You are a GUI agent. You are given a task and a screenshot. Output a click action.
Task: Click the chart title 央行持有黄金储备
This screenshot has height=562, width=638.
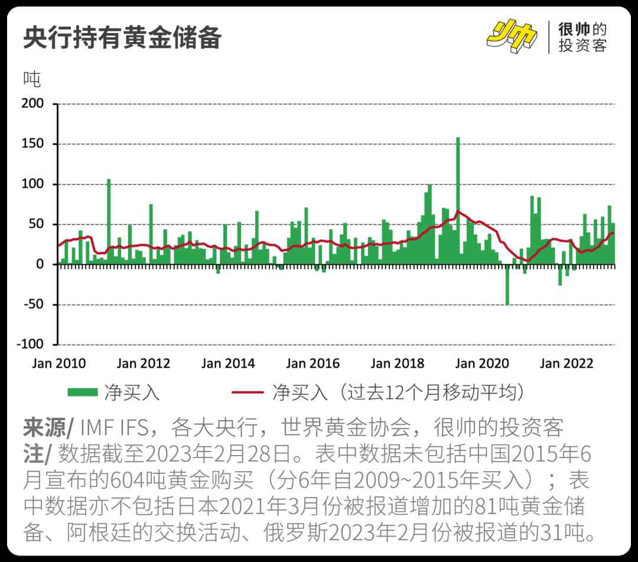(x=122, y=38)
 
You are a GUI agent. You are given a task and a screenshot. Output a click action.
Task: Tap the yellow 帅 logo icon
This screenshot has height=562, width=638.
(x=512, y=36)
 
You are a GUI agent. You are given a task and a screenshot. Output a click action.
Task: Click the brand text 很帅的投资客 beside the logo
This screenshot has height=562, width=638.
(x=582, y=37)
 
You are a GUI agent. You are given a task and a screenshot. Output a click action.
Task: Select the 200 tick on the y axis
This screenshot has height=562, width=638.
(x=34, y=104)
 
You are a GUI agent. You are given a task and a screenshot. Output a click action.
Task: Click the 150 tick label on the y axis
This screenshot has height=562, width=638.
(x=34, y=144)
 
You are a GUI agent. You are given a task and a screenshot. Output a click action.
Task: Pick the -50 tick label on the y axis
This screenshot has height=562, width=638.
(x=34, y=305)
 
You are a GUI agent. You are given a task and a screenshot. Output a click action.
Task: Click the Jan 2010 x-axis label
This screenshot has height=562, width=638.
(x=58, y=363)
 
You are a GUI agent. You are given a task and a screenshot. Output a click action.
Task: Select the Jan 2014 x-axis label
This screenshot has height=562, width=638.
(x=228, y=363)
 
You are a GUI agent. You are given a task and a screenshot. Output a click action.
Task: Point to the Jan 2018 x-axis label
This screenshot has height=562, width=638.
(x=398, y=363)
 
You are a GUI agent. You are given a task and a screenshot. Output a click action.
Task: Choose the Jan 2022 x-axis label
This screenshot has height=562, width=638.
(x=567, y=363)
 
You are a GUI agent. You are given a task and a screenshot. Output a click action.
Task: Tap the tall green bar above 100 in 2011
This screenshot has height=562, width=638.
(x=109, y=222)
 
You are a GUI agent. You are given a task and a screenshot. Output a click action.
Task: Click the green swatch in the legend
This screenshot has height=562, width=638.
(x=82, y=392)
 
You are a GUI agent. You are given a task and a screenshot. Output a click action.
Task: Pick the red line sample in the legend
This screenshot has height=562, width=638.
(x=247, y=392)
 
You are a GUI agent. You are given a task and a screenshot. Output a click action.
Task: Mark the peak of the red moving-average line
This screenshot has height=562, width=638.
(x=458, y=211)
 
